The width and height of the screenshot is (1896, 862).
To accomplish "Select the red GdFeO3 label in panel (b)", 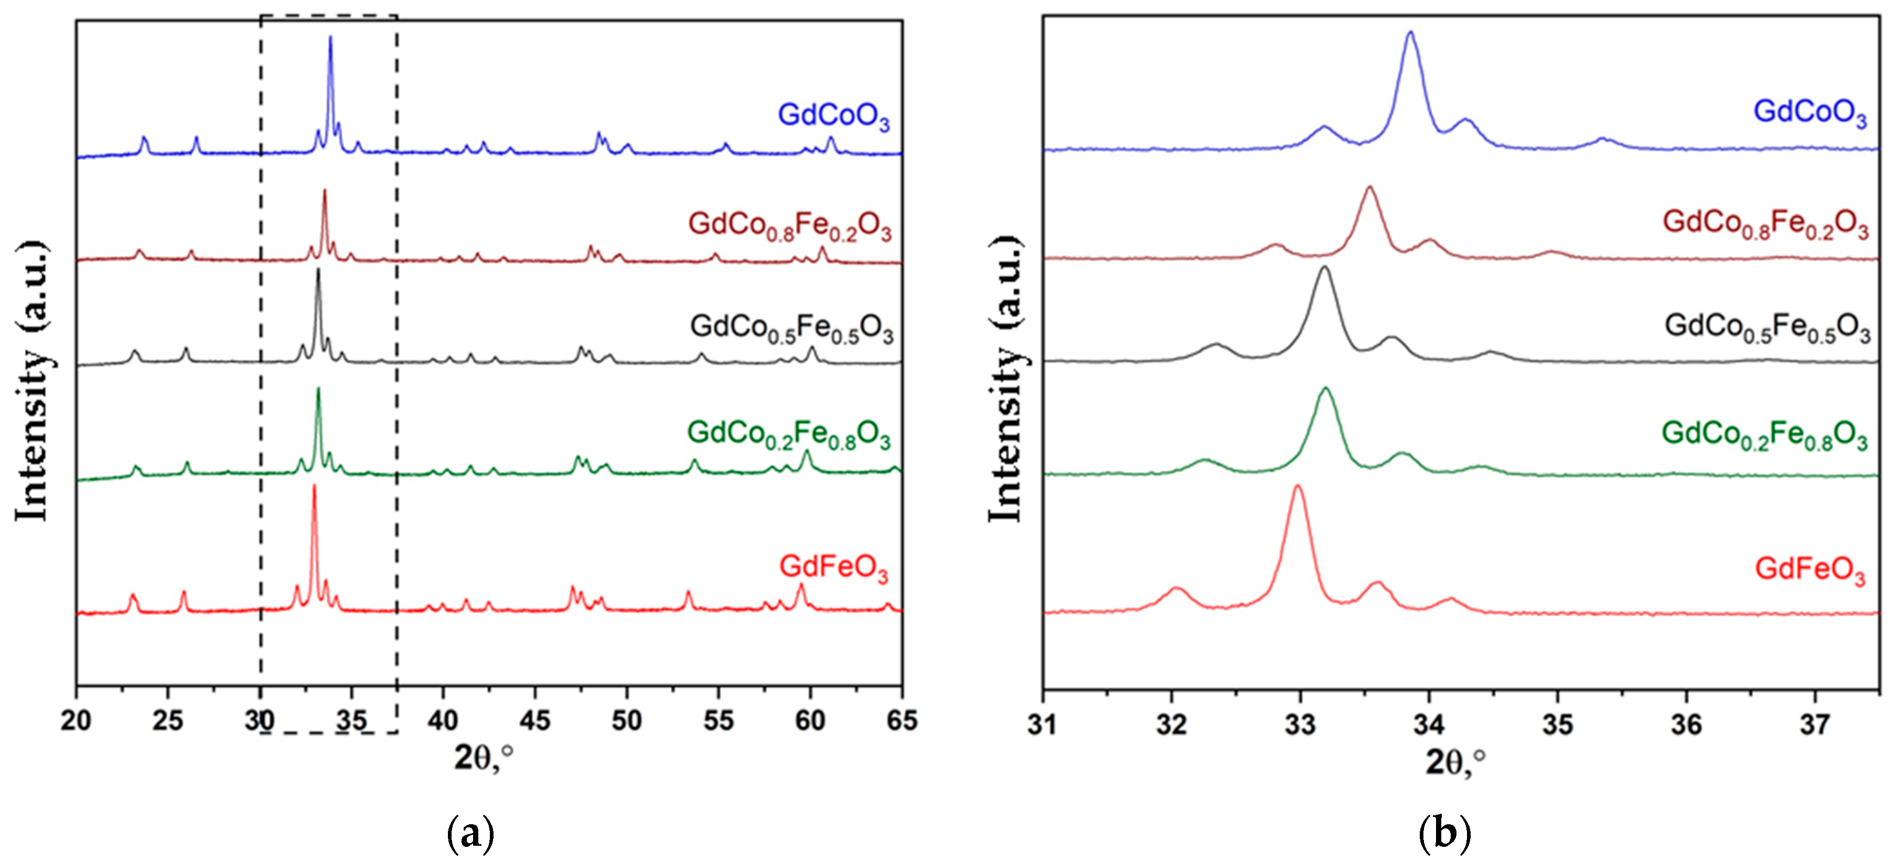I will pyautogui.click(x=1810, y=570).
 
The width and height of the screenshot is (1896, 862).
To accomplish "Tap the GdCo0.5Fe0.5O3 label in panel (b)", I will pyautogui.click(x=1766, y=326).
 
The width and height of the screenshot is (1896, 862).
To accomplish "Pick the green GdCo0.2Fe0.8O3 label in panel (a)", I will pyautogui.click(x=789, y=434).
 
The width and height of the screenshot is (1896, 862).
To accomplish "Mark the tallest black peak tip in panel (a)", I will pyautogui.click(x=318, y=270).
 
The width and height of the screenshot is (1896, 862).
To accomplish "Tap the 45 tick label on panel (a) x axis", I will pyautogui.click(x=534, y=720).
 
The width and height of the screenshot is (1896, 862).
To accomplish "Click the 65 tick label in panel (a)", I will pyautogui.click(x=901, y=720).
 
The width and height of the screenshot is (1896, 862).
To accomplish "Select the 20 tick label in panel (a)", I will pyautogui.click(x=76, y=720).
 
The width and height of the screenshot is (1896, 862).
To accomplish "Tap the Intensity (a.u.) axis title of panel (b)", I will pyautogui.click(x=1006, y=379).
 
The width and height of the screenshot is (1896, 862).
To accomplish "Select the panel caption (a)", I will pyautogui.click(x=470, y=833).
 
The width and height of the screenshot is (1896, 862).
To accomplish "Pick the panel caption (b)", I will pyautogui.click(x=1444, y=833).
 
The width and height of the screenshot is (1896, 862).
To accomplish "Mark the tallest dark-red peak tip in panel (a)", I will pyautogui.click(x=324, y=191).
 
